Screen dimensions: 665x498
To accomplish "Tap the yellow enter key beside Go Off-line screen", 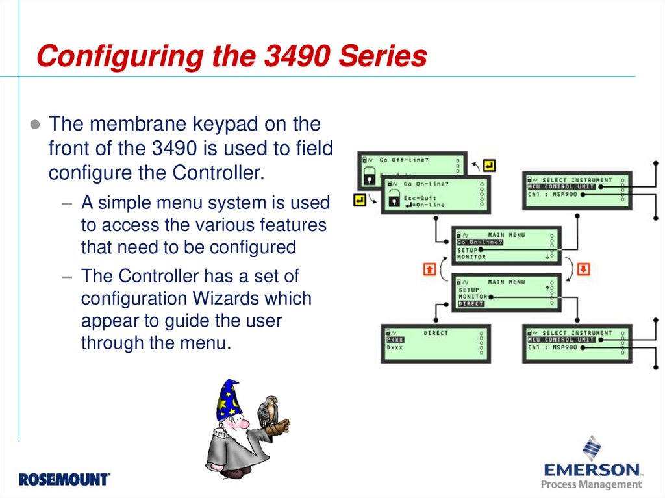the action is pos(489,166).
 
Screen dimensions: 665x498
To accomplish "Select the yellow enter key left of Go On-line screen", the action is pos(359,200).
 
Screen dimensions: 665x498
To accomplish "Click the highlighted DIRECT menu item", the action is pos(471,304).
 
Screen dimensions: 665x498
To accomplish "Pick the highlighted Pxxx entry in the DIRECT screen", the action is pos(395,340).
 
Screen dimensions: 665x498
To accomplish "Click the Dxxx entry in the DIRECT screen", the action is pos(395,348).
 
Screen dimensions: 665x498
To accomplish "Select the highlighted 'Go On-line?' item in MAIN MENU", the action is pos(479,242).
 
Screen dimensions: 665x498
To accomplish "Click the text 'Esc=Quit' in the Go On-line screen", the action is pos(420,198).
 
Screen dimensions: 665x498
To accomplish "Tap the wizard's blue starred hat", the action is pos(228,400).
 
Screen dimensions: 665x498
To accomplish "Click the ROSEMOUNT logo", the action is pos(64,480).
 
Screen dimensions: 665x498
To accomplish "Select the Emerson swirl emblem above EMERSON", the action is pos(591,448).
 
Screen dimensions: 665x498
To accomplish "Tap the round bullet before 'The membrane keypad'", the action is pos(36,124).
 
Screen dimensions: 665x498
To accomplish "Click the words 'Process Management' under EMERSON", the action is pos(591,484).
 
